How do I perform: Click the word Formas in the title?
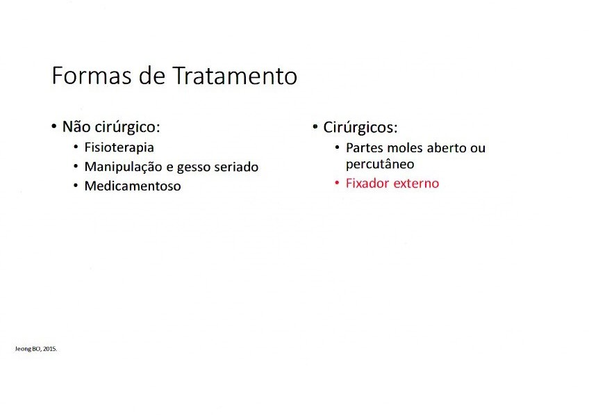coord(92,76)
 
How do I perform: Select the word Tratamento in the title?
coord(235,76)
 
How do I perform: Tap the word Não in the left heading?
coord(76,127)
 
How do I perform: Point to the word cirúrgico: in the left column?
coord(127,127)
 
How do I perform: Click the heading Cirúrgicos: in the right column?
coord(360,128)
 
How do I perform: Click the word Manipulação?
coord(123,168)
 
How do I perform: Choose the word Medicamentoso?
coord(133,186)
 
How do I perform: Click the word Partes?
coord(365,148)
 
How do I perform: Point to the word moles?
coord(406,148)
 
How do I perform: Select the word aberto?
coord(447,148)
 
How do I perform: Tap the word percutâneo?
coord(380,164)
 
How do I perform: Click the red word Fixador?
coord(367,184)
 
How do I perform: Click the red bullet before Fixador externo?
coord(337,183)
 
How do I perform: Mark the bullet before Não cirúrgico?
coord(53,126)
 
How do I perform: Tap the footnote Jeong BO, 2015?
coord(36,349)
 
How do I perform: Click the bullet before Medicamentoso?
coord(76,186)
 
